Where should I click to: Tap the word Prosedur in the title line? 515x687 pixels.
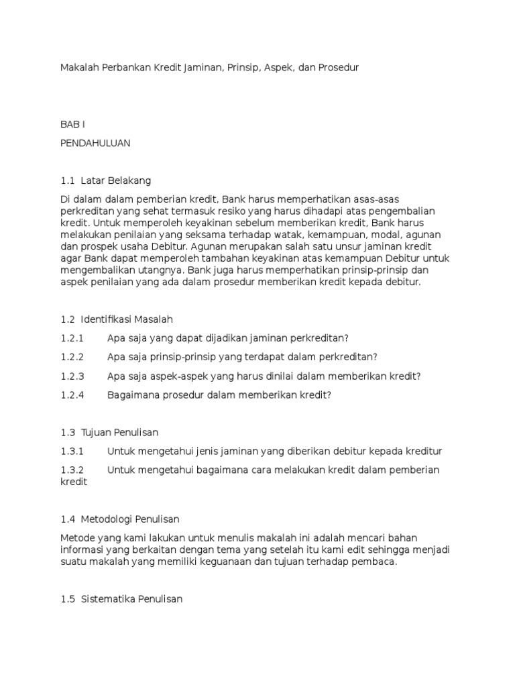click(x=339, y=68)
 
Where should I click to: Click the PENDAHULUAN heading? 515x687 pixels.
click(x=95, y=143)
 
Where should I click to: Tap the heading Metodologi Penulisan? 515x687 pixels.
click(x=130, y=519)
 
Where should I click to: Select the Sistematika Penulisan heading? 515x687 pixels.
click(x=131, y=598)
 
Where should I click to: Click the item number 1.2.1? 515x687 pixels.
click(x=72, y=338)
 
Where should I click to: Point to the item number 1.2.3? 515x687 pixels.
click(x=72, y=376)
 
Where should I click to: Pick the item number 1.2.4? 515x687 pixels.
click(x=72, y=394)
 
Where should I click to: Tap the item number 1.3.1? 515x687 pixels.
click(x=72, y=451)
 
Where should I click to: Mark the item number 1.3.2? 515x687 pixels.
click(x=72, y=470)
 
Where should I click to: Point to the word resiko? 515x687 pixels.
click(x=229, y=211)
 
